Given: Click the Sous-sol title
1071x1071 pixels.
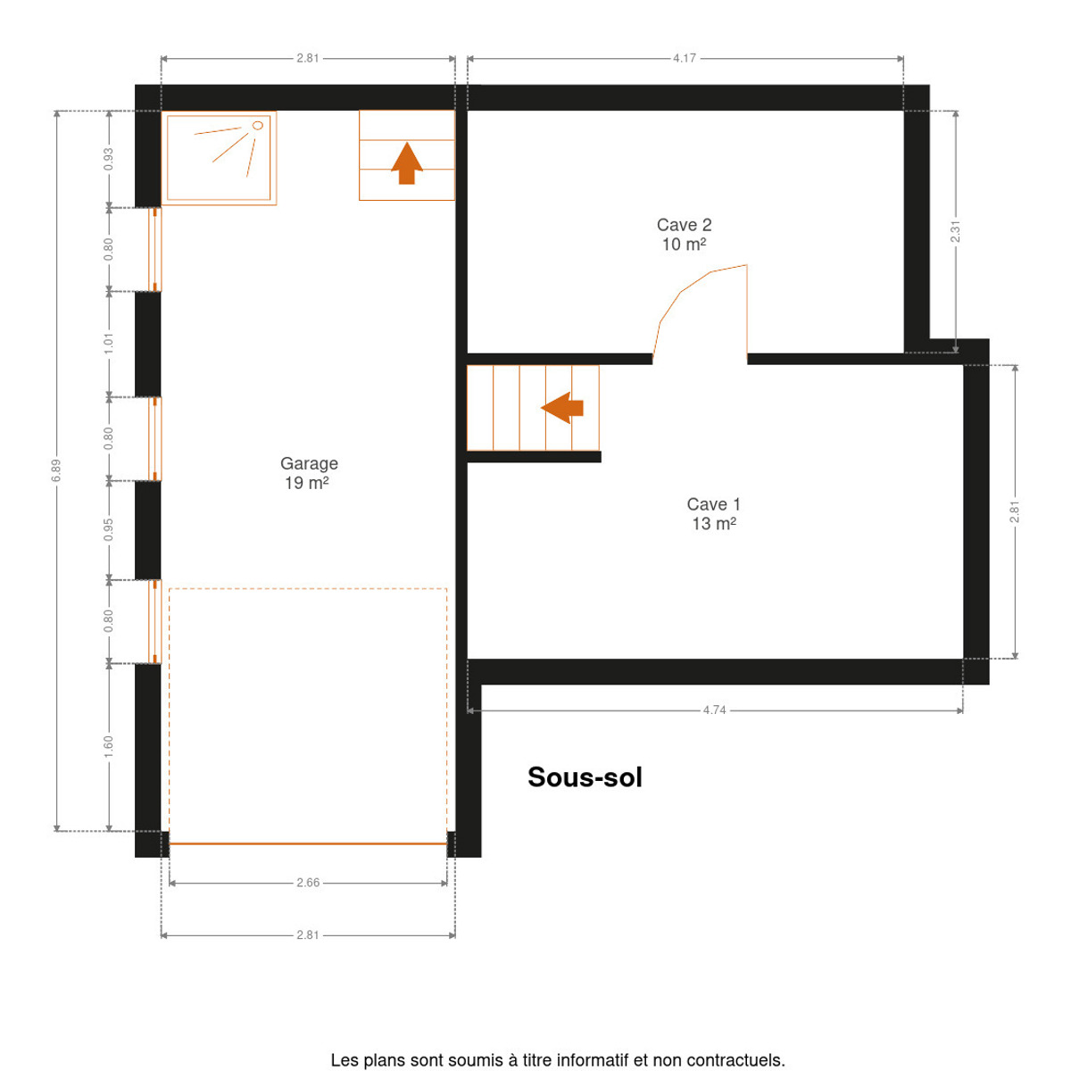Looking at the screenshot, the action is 585,777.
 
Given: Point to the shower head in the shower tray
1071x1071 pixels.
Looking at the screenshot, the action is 257,126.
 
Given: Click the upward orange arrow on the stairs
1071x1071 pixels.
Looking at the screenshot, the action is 407,162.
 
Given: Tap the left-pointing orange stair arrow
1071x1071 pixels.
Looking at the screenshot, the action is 562,408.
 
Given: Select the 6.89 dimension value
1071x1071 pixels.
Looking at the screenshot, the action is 56,470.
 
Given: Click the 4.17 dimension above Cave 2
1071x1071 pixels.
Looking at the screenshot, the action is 685,58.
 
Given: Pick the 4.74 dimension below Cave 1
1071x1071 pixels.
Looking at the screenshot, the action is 714,710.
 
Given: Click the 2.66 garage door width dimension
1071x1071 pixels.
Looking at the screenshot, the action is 308,883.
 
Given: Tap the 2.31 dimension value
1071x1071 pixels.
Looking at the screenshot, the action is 955,232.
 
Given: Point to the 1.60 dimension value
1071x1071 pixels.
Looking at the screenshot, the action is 108,746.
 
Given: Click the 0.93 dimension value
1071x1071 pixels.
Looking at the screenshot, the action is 108,159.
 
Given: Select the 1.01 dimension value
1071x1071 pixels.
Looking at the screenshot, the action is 108,344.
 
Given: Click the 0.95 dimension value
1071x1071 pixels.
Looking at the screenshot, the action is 108,529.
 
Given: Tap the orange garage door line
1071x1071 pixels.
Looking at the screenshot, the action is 308,843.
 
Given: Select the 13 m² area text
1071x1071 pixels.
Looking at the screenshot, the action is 714,524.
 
